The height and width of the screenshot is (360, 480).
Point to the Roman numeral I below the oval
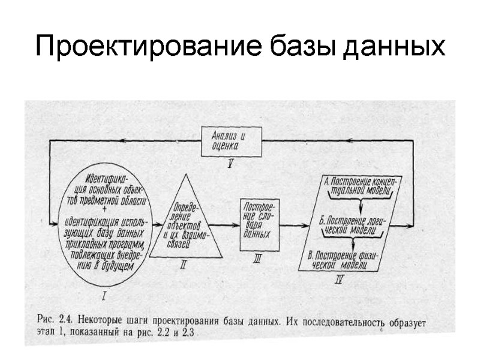[x=105, y=295]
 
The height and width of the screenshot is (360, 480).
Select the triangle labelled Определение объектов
[x=185, y=222]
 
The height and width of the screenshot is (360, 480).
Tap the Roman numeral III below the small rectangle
[x=258, y=259]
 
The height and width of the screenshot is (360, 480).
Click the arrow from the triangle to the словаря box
[x=229, y=225]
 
